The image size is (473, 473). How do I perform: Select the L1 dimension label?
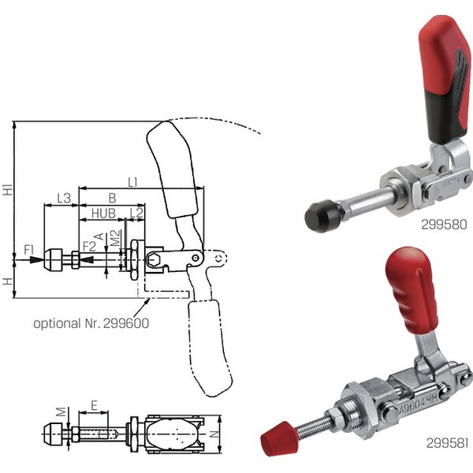tap(133, 182)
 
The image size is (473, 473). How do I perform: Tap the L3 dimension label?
tap(64, 198)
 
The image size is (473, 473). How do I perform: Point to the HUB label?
tap(103, 214)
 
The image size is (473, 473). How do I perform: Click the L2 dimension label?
tap(136, 213)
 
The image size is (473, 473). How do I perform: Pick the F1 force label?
tap(29, 250)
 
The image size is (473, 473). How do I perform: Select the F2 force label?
tap(89, 246)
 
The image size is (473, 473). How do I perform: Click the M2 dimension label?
tap(115, 238)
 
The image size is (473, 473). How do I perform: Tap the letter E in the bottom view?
tap(94, 405)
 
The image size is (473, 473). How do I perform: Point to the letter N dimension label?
tap(214, 434)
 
